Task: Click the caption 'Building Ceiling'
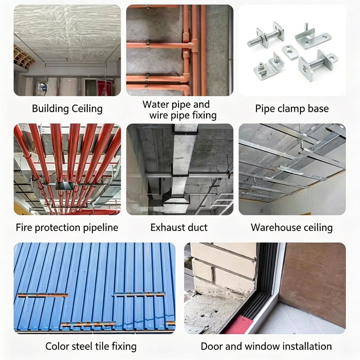tap(67, 108)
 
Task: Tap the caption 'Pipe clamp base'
tap(292, 108)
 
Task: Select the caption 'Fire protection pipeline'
tap(67, 227)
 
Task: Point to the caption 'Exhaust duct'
tap(179, 227)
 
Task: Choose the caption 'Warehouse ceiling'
tap(291, 227)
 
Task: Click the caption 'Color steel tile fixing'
tap(91, 346)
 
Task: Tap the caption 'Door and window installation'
tap(266, 346)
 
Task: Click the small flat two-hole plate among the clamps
tap(290, 52)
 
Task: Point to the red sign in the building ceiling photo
tap(104, 88)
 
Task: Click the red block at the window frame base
tap(239, 324)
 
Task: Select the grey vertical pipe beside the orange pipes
tap(230, 51)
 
